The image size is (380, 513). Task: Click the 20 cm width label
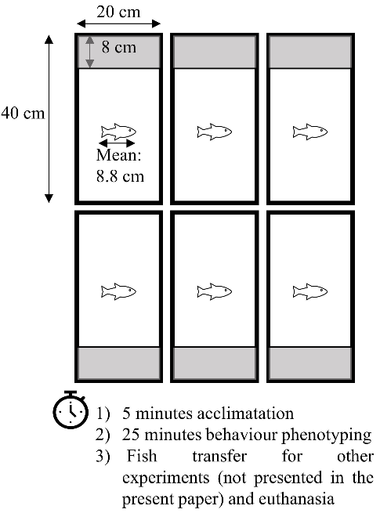(x=118, y=12)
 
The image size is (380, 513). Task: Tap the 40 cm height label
(x=23, y=114)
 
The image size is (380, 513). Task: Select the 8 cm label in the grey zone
(x=118, y=47)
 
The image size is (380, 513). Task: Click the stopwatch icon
(x=71, y=410)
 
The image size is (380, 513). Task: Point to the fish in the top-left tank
(x=118, y=132)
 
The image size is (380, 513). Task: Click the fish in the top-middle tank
(x=215, y=132)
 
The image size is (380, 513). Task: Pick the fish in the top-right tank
(x=310, y=132)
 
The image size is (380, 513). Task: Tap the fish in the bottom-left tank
(x=118, y=291)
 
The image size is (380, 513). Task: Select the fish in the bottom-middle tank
(x=215, y=291)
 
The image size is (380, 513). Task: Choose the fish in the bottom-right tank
(x=310, y=291)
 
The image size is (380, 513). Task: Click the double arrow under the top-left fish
(x=117, y=143)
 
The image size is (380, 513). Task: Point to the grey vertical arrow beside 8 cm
(x=89, y=52)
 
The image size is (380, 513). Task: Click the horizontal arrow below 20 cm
(x=118, y=23)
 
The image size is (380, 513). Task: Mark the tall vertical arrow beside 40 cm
(x=49, y=119)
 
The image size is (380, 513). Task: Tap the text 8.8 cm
(x=120, y=176)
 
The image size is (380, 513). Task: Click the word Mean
(x=118, y=155)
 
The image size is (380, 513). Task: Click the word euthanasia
(x=296, y=499)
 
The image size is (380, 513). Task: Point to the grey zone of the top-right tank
(x=310, y=52)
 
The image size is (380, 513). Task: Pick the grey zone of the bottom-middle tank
(x=215, y=363)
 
